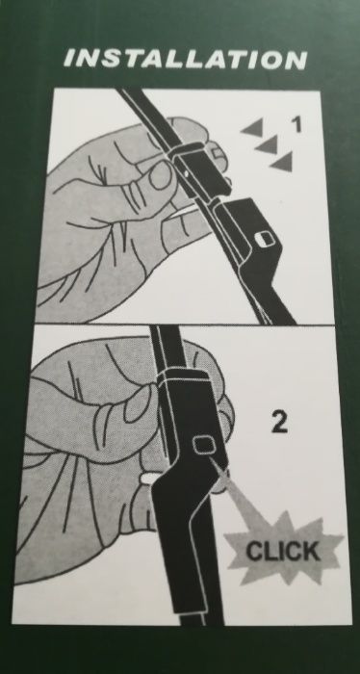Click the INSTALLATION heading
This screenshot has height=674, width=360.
tap(185, 60)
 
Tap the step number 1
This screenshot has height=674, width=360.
tap(296, 124)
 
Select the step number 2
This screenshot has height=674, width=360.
tap(280, 423)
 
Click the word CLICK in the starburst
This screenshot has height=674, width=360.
tap(283, 551)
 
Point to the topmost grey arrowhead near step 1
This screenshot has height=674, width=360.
tap(253, 128)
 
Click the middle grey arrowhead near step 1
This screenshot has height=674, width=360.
tap(268, 144)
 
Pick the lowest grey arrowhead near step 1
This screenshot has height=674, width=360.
tap(283, 162)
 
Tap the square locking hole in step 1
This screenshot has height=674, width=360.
tap(261, 239)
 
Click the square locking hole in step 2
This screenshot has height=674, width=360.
tap(203, 445)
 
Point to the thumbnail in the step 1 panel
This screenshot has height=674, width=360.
tap(160, 174)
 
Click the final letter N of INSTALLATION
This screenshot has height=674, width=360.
tap(296, 61)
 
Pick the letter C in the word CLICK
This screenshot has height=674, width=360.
tap(253, 551)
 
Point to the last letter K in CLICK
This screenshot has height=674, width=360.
tap(312, 551)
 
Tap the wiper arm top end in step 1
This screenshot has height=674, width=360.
tap(131, 91)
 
